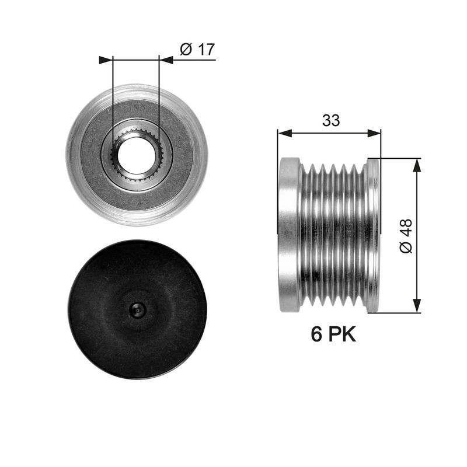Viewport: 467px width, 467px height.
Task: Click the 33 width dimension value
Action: coord(331,120)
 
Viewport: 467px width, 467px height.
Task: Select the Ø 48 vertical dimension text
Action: coord(406,235)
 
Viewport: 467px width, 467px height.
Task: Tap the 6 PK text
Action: coord(333,334)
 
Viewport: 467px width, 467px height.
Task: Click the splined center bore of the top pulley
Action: coord(137,154)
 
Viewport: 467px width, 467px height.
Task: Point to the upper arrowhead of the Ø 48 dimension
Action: coord(417,165)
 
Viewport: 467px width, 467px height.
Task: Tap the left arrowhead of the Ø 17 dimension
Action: coord(105,60)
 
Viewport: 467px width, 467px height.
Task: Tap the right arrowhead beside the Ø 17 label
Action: coord(166,60)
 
